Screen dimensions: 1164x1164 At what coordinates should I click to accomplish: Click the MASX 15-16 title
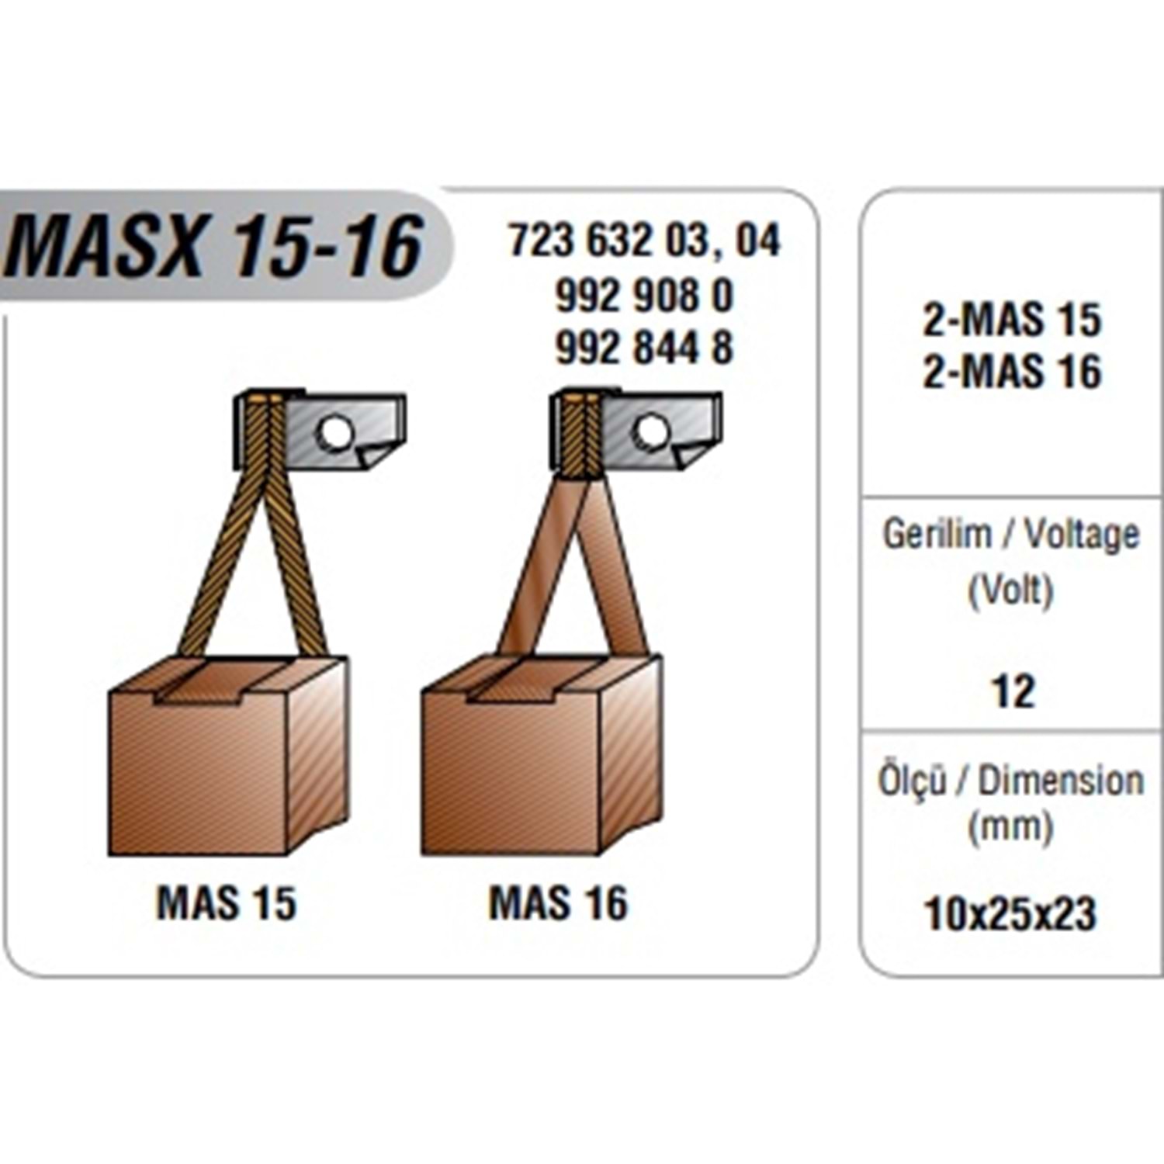[214, 246]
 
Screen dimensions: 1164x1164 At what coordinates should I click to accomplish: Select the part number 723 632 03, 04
[644, 241]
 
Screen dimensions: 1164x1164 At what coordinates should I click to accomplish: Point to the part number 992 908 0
[644, 296]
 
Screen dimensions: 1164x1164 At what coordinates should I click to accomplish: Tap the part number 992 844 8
[644, 347]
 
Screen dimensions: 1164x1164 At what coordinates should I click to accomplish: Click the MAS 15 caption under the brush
[227, 903]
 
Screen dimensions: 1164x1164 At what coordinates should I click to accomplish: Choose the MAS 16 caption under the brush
[559, 903]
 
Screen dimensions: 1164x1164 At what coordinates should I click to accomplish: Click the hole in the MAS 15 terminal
[335, 432]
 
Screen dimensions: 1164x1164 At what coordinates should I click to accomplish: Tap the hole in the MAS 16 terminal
[651, 432]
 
